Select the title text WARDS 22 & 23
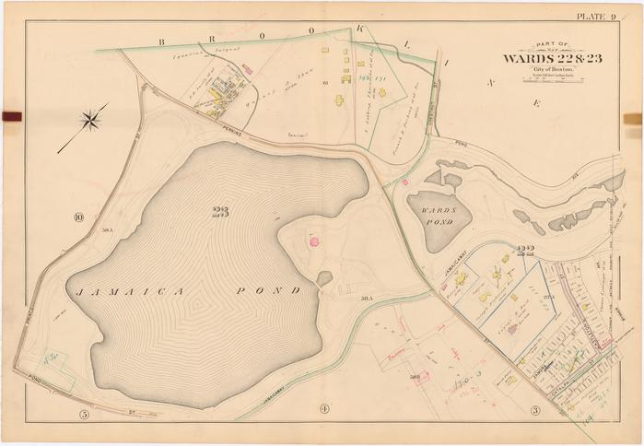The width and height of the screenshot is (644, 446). (x=550, y=59)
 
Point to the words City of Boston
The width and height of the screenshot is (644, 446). (x=549, y=69)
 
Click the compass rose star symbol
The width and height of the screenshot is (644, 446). (x=92, y=119)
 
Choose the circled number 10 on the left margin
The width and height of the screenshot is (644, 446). (x=79, y=218)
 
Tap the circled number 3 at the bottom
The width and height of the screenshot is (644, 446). (x=533, y=410)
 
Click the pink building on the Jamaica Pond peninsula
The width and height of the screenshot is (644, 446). (x=314, y=241)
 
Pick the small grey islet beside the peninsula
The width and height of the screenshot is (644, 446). (x=325, y=277)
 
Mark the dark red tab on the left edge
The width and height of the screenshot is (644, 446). (x=11, y=117)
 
